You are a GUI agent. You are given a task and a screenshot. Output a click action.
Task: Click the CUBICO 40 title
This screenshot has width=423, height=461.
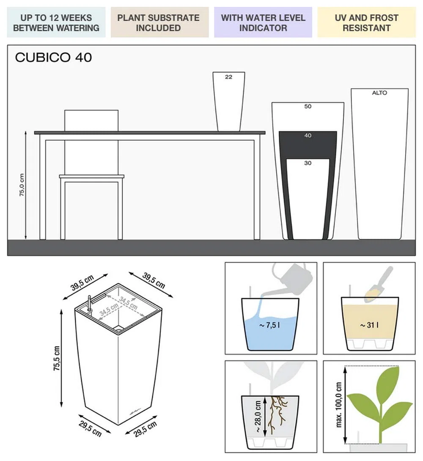pos(53,57)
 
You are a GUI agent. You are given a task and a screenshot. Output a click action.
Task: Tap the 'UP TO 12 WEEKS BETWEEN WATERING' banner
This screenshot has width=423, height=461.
pos(56,22)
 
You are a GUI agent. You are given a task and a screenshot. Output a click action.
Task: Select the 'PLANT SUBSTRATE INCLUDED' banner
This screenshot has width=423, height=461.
pos(159,22)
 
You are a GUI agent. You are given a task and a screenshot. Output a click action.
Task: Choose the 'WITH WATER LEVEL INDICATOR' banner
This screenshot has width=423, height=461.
pos(263,22)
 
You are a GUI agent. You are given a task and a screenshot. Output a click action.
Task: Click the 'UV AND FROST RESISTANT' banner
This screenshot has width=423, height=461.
pos(367,22)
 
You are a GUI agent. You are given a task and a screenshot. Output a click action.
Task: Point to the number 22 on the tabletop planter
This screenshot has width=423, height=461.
pos(228,77)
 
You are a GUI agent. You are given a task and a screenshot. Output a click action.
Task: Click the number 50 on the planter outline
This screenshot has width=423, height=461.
pos(308,106)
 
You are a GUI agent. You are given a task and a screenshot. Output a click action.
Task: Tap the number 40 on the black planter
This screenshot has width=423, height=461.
pos(308,135)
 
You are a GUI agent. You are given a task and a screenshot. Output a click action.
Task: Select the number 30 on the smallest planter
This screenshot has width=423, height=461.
pos(308,163)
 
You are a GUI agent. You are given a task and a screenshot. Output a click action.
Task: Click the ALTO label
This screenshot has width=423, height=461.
pos(379,93)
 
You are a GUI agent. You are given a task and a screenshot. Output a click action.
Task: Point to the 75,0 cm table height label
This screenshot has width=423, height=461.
pos(22,185)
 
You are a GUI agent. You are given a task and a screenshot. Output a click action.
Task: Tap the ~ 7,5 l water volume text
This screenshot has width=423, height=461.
pos(270,325)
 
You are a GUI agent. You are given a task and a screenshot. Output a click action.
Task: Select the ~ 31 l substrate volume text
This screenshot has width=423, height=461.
pos(369,325)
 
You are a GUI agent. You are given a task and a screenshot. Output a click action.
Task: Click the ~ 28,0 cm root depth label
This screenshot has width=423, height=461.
pos(258,416)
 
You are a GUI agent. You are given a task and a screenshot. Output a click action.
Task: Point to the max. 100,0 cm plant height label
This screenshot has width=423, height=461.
pos(338,405)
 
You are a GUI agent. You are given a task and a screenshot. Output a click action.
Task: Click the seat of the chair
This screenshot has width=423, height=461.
pos(92,177)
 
